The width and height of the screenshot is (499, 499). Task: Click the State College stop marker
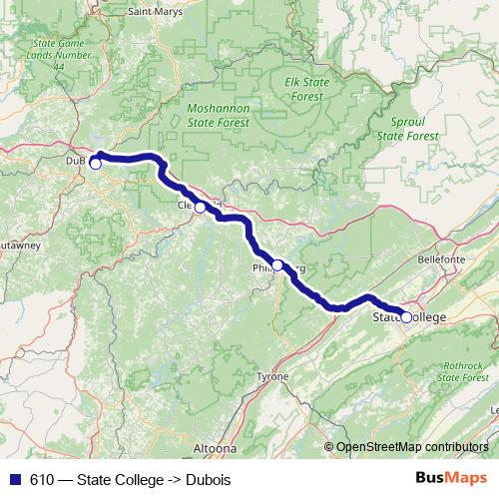tap(406, 317)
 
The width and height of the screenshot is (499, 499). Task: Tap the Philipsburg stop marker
tap(277, 264)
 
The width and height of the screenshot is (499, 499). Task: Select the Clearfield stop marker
tap(201, 208)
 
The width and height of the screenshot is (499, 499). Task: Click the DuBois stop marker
tap(96, 164)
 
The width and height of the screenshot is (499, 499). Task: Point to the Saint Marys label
tap(156, 12)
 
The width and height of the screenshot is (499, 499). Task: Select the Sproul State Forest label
tap(407, 128)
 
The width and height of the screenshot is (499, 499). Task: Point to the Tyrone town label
tap(271, 376)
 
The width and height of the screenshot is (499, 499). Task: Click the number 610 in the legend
tap(42, 480)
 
